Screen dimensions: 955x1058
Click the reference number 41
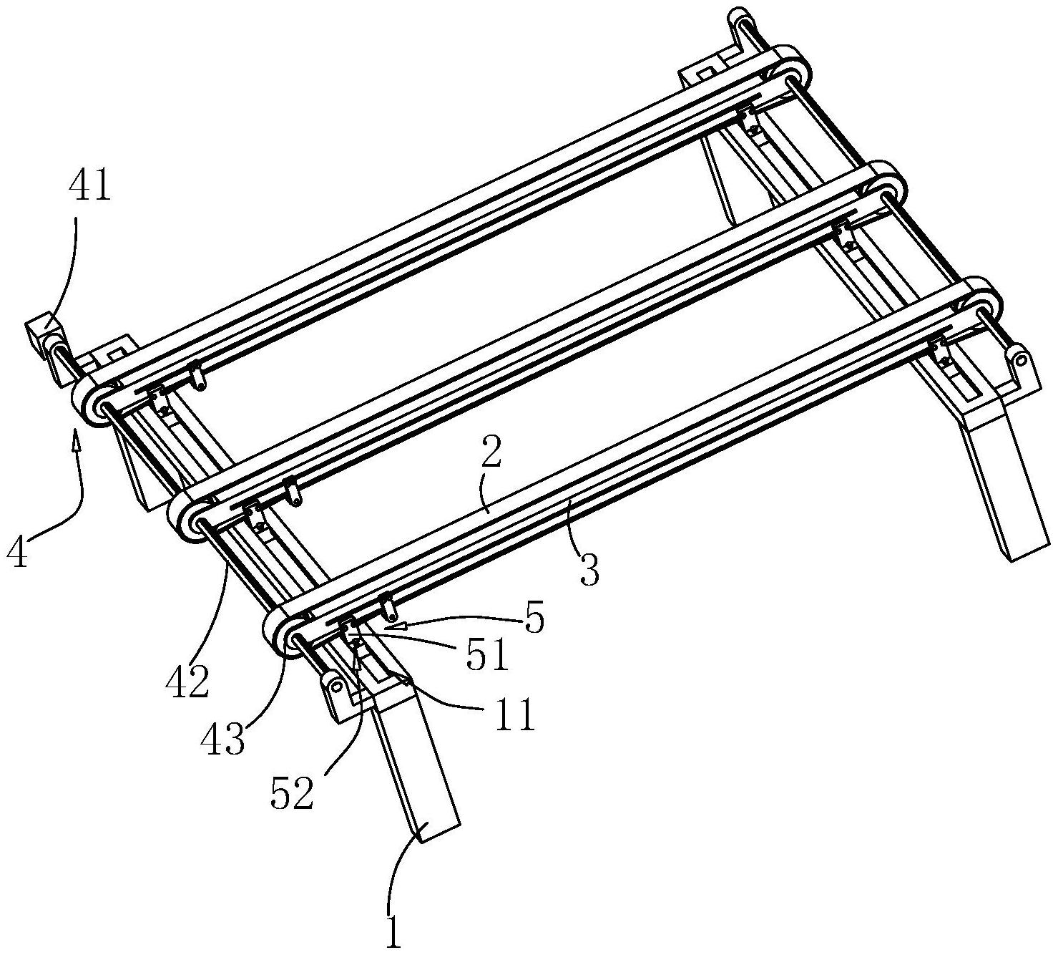click(90, 188)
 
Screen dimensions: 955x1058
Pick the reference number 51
click(487, 656)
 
